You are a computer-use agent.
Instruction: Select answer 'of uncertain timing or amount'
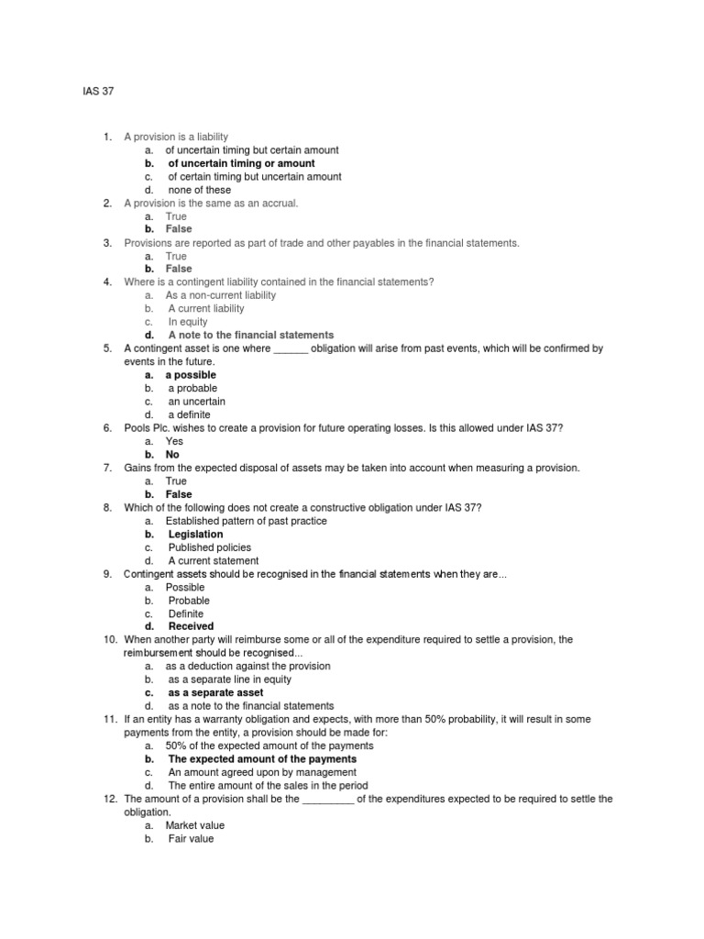tap(241, 163)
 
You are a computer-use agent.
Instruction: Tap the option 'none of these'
tap(199, 190)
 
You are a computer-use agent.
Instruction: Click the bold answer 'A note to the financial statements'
tap(250, 335)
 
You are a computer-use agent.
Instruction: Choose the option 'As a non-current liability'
tap(220, 295)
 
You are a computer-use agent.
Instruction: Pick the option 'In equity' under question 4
tap(188, 322)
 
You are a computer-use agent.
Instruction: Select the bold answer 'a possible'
tap(191, 375)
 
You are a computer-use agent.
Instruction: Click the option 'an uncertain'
tap(196, 402)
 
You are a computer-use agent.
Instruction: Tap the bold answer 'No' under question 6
tap(172, 455)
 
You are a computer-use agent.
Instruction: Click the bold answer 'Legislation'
tap(195, 534)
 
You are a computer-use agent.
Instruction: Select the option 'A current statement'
tap(213, 560)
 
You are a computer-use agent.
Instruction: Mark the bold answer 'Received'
tap(192, 627)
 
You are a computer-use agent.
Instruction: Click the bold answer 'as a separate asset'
tap(215, 693)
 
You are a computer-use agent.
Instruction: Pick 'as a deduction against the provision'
tap(247, 667)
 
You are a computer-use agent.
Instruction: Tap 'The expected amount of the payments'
tap(262, 759)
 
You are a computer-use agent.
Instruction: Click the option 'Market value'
tap(194, 825)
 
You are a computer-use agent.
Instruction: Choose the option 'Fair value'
tap(191, 839)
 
